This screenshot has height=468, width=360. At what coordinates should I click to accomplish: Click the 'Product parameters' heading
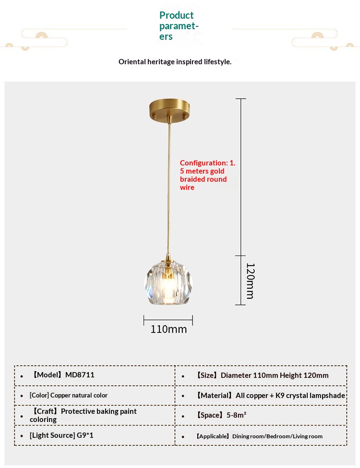179,25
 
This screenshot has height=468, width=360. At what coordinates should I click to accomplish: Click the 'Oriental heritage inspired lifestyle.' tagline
175,62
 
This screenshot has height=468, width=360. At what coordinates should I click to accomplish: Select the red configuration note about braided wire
207,175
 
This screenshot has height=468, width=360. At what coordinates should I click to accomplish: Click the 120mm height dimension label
250,281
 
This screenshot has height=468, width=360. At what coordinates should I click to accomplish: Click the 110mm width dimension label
168,329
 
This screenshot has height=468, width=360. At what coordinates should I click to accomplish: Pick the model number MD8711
80,375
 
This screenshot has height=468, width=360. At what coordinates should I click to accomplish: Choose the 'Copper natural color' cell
68,396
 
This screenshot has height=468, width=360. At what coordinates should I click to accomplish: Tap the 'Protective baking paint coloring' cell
84,415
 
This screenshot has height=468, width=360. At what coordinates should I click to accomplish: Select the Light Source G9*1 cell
61,436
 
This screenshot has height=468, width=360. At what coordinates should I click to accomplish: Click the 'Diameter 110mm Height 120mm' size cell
275,375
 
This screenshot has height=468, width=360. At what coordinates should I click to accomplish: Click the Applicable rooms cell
259,436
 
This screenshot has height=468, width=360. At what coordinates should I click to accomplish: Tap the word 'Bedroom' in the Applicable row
278,436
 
